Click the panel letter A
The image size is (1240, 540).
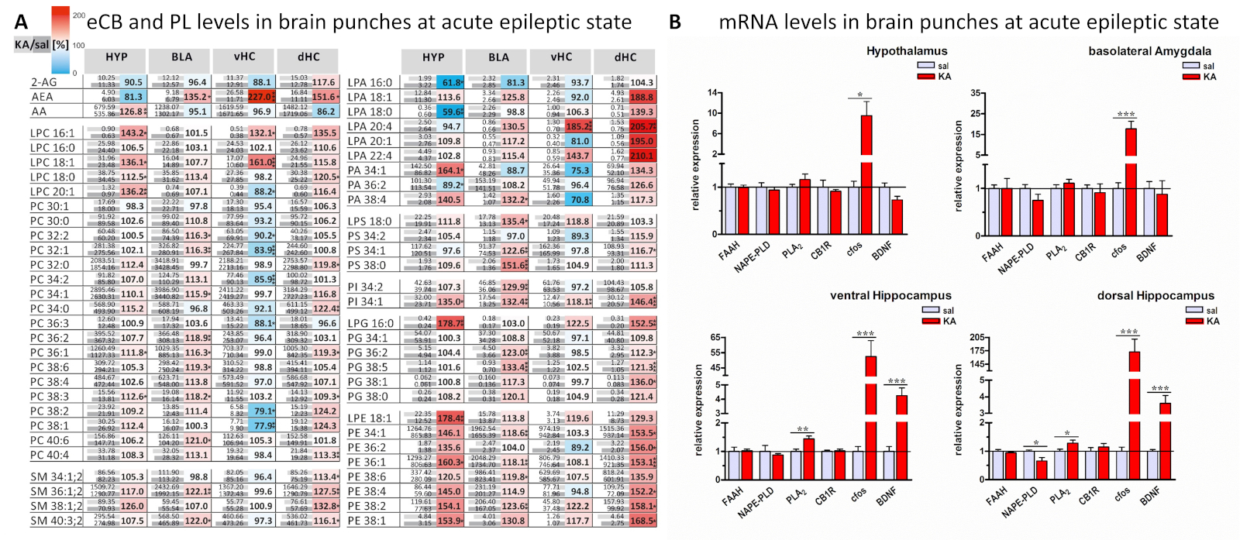click(x=21, y=23)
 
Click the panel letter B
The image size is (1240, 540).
click(x=674, y=23)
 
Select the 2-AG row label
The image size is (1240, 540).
click(x=43, y=82)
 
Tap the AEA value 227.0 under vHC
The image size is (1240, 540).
click(x=260, y=97)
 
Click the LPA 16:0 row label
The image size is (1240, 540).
click(x=370, y=82)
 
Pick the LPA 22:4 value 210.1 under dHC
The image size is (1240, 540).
click(x=642, y=156)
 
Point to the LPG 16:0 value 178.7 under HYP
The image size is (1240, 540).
click(x=449, y=323)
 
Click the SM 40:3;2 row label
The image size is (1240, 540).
click(x=56, y=521)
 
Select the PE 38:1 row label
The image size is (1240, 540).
click(x=367, y=521)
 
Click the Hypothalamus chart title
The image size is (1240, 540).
click(x=907, y=51)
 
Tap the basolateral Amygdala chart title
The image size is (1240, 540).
click(x=1149, y=51)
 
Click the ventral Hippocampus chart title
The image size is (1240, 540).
click(x=890, y=295)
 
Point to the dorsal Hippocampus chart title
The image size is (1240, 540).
click(x=1156, y=295)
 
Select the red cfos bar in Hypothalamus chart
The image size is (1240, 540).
click(x=866, y=174)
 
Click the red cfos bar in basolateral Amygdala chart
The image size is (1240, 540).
click(x=1131, y=181)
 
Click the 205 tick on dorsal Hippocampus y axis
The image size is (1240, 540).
click(x=976, y=338)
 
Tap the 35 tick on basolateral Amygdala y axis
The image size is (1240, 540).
click(x=976, y=94)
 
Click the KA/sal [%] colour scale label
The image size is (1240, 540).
click(x=41, y=45)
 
